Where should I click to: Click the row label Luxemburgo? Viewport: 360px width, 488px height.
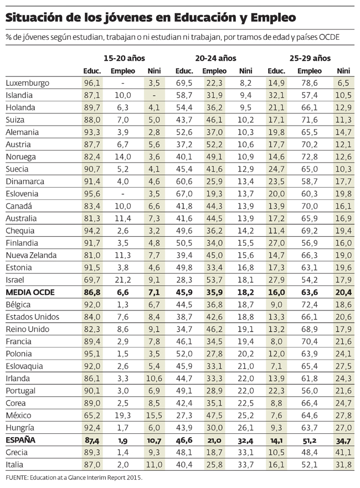pos(28,83)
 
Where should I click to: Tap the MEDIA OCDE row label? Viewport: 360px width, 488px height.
pos(30,293)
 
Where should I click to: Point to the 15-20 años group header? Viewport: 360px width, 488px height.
pos(124,58)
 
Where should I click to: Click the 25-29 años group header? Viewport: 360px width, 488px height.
pos(310,58)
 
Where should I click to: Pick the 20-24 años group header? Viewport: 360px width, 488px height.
pos(216,58)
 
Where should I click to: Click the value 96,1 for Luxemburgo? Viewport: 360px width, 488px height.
pos(91,83)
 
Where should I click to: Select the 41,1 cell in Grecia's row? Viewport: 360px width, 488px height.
pos(344,453)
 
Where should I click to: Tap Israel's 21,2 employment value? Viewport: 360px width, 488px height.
pos(123,280)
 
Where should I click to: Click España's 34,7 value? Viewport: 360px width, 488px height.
pos(343,440)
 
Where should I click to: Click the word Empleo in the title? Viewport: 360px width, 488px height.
pos(272,18)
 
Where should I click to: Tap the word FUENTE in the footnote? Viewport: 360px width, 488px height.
pos(17,477)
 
